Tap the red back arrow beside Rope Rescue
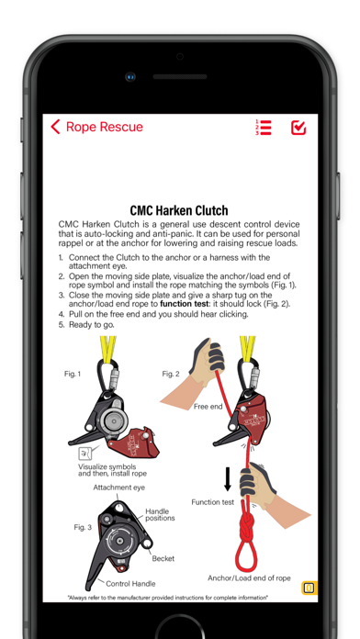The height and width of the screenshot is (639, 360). [x=55, y=127]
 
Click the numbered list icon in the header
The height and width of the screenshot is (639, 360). [x=263, y=127]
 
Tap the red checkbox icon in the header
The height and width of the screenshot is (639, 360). [x=298, y=128]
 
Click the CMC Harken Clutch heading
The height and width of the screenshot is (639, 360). [x=179, y=210]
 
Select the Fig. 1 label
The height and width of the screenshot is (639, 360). [x=73, y=374]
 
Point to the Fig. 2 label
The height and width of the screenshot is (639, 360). [x=171, y=374]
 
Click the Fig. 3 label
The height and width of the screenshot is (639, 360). [x=83, y=527]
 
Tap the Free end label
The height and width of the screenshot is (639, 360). [x=208, y=407]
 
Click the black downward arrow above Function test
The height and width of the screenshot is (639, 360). [x=228, y=478]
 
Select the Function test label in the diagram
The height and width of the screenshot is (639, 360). [x=213, y=502]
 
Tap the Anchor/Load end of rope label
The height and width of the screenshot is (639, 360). [x=249, y=577]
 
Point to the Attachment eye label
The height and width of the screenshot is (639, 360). [x=119, y=488]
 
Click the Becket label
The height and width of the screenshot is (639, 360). [x=163, y=558]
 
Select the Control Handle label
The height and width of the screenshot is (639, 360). [x=130, y=584]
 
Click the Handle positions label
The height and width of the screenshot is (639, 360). [x=160, y=515]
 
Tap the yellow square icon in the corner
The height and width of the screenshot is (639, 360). [x=309, y=589]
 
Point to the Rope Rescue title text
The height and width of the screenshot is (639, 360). [x=105, y=127]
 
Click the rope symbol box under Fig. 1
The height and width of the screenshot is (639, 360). [x=84, y=454]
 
